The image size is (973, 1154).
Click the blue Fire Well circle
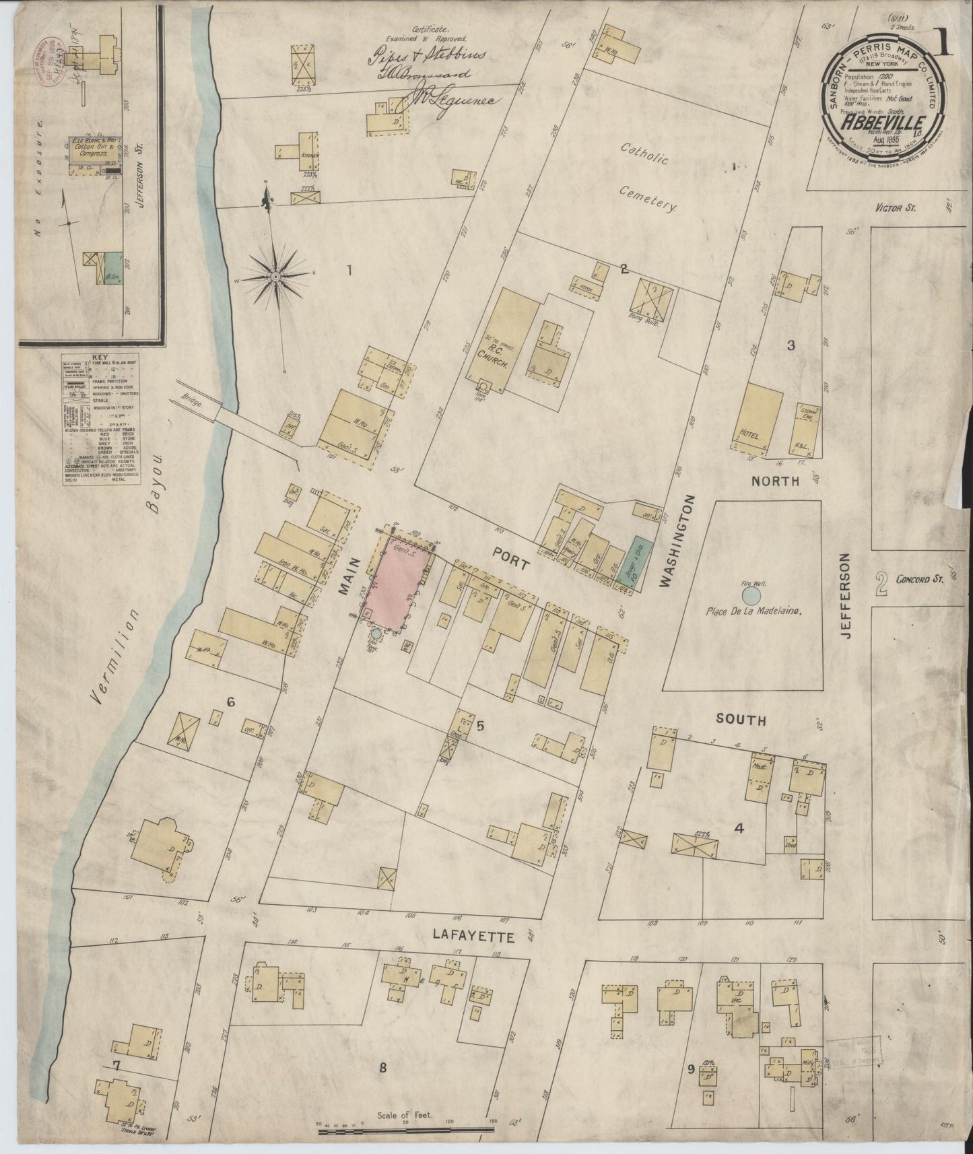[751, 595]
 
